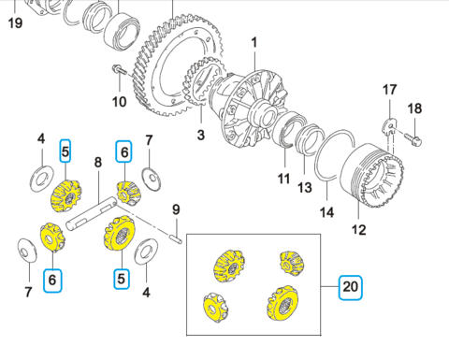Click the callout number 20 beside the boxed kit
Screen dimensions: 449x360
point(351,287)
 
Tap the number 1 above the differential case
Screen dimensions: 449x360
point(254,43)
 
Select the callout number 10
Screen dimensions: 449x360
point(120,102)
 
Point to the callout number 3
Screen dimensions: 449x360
point(201,135)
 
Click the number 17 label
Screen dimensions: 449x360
point(389,90)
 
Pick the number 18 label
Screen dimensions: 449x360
point(414,108)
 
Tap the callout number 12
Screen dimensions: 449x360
point(358,230)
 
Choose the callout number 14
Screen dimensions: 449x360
point(326,212)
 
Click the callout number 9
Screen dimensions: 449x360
point(176,209)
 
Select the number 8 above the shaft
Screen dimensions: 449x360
point(98,162)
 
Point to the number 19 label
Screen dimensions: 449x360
point(15,22)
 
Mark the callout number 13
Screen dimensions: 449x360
point(305,188)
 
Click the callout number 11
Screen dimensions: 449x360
point(283,179)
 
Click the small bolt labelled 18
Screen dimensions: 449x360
point(413,139)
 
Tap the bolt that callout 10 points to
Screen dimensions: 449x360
point(119,69)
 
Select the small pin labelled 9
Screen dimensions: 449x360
point(177,239)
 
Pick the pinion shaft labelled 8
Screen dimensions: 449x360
point(92,214)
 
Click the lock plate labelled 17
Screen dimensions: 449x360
point(389,128)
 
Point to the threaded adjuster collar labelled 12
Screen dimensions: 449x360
point(372,176)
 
